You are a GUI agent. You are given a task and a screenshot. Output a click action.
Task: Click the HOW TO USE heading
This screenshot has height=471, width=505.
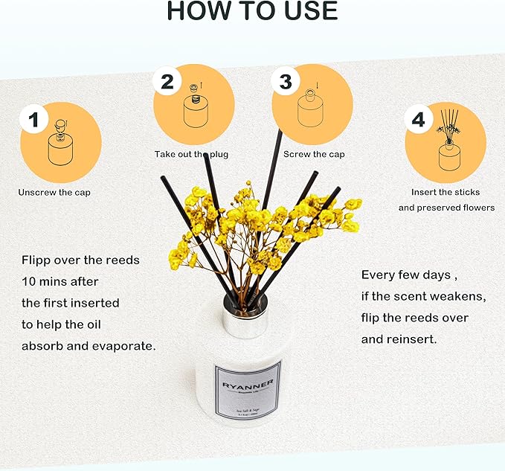[252, 12]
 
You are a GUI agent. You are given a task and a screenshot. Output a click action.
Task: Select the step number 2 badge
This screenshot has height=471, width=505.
[167, 82]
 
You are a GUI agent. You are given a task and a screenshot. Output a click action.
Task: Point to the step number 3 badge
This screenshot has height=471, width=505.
[286, 82]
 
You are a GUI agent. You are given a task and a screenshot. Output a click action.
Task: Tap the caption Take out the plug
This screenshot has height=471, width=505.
[191, 154]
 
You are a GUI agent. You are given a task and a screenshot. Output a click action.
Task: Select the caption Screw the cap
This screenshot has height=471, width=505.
[314, 154]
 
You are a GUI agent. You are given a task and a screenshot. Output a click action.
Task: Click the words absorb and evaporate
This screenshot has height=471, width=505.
[89, 346]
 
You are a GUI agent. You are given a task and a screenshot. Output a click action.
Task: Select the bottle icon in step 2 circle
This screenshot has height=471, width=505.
[196, 109]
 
